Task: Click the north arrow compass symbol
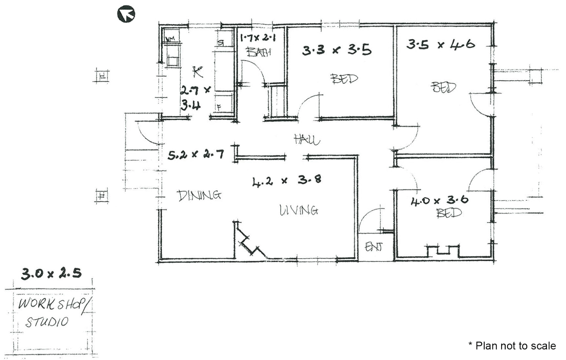[126, 14]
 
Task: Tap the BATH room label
[259, 52]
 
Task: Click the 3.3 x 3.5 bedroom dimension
[337, 50]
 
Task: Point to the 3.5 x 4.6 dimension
[440, 44]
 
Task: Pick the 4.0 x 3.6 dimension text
[439, 201]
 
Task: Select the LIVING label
[299, 210]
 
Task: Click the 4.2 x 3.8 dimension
[287, 180]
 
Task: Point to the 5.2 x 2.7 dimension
[195, 155]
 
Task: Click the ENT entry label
[373, 247]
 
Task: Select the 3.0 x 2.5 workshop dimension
[51, 274]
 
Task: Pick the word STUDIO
[47, 322]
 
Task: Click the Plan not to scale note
[512, 346]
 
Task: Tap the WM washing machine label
[170, 39]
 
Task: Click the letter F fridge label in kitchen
[219, 107]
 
